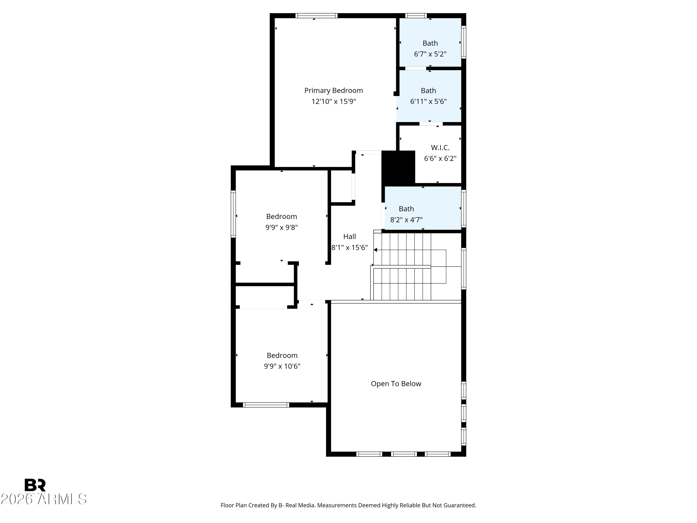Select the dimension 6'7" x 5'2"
click(x=430, y=54)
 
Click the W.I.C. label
click(x=440, y=148)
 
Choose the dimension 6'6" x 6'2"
click(x=440, y=159)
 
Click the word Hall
click(x=349, y=236)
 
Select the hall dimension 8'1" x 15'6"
click(x=349, y=248)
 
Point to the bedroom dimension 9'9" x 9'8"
click(x=281, y=228)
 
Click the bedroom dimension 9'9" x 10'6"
click(x=282, y=366)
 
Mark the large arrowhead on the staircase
click(x=375, y=250)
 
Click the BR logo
click(x=35, y=485)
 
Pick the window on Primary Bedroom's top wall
click(x=316, y=15)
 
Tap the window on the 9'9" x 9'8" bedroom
click(x=233, y=214)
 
